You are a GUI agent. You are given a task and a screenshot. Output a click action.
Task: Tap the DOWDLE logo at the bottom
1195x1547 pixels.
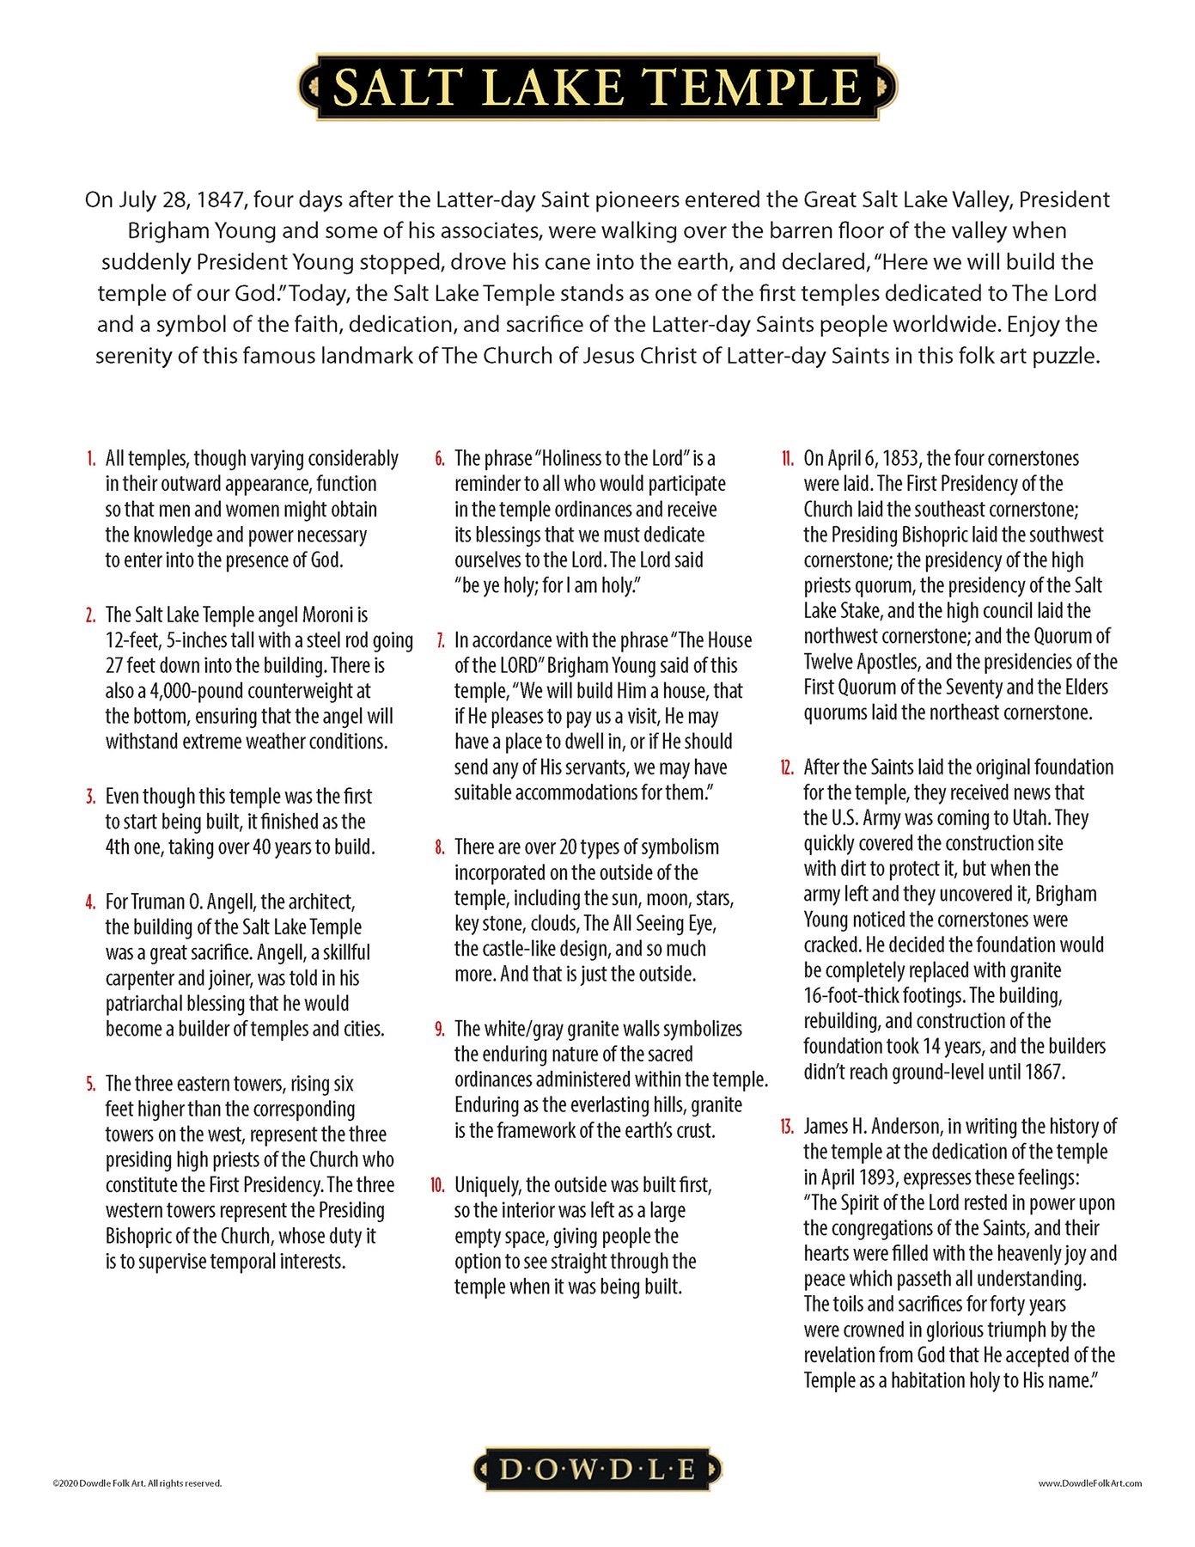[x=597, y=1470]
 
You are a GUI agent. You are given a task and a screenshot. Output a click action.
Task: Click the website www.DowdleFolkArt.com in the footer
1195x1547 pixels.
[x=1089, y=1483]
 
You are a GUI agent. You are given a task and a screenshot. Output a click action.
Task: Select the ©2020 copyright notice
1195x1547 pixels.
[x=137, y=1483]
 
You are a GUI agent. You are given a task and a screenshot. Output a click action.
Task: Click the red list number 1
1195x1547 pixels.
[x=91, y=459]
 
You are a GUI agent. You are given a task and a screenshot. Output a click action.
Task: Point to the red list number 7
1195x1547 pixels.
[x=441, y=641]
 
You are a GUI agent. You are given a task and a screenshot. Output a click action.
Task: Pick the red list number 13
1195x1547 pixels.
[x=787, y=1127]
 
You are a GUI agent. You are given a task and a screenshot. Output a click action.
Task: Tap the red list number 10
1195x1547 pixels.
[x=438, y=1186]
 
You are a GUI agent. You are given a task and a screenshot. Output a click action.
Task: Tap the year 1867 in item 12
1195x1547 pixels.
[x=1044, y=1073]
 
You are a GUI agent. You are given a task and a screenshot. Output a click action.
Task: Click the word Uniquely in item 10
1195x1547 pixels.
[x=487, y=1186]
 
